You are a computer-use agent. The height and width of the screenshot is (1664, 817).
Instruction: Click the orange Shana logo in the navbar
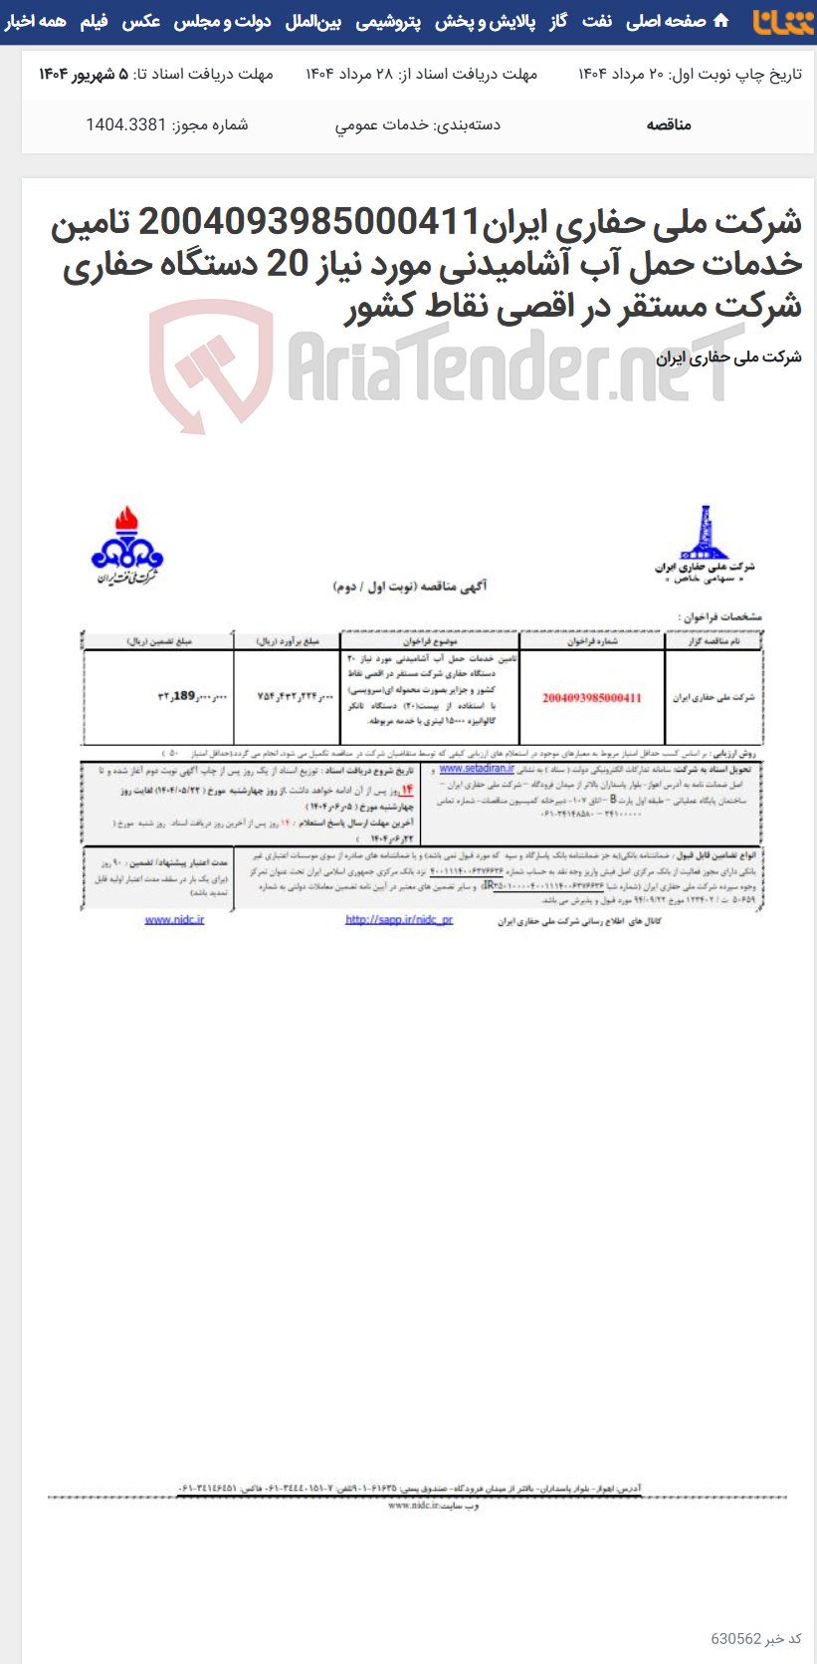(782, 21)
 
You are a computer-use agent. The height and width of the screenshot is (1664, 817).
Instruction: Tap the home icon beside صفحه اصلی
(721, 21)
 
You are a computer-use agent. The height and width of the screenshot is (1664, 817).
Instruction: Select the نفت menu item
(597, 21)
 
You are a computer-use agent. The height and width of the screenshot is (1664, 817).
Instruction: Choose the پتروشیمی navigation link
(388, 21)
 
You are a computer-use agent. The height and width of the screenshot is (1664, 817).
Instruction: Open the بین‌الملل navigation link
(312, 21)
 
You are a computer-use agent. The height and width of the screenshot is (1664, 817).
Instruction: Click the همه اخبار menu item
(36, 21)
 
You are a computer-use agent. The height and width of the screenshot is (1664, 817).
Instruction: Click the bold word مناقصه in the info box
(669, 124)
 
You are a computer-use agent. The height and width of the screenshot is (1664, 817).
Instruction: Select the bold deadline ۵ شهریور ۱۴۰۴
(84, 74)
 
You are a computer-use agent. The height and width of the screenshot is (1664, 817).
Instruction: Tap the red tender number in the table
(591, 698)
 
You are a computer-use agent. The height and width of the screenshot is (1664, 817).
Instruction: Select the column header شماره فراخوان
(592, 641)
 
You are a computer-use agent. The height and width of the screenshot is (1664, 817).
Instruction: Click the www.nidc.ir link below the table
(174, 919)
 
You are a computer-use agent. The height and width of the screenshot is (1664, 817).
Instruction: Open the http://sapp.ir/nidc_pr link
(398, 919)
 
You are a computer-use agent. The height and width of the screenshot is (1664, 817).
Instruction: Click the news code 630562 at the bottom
(736, 1639)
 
